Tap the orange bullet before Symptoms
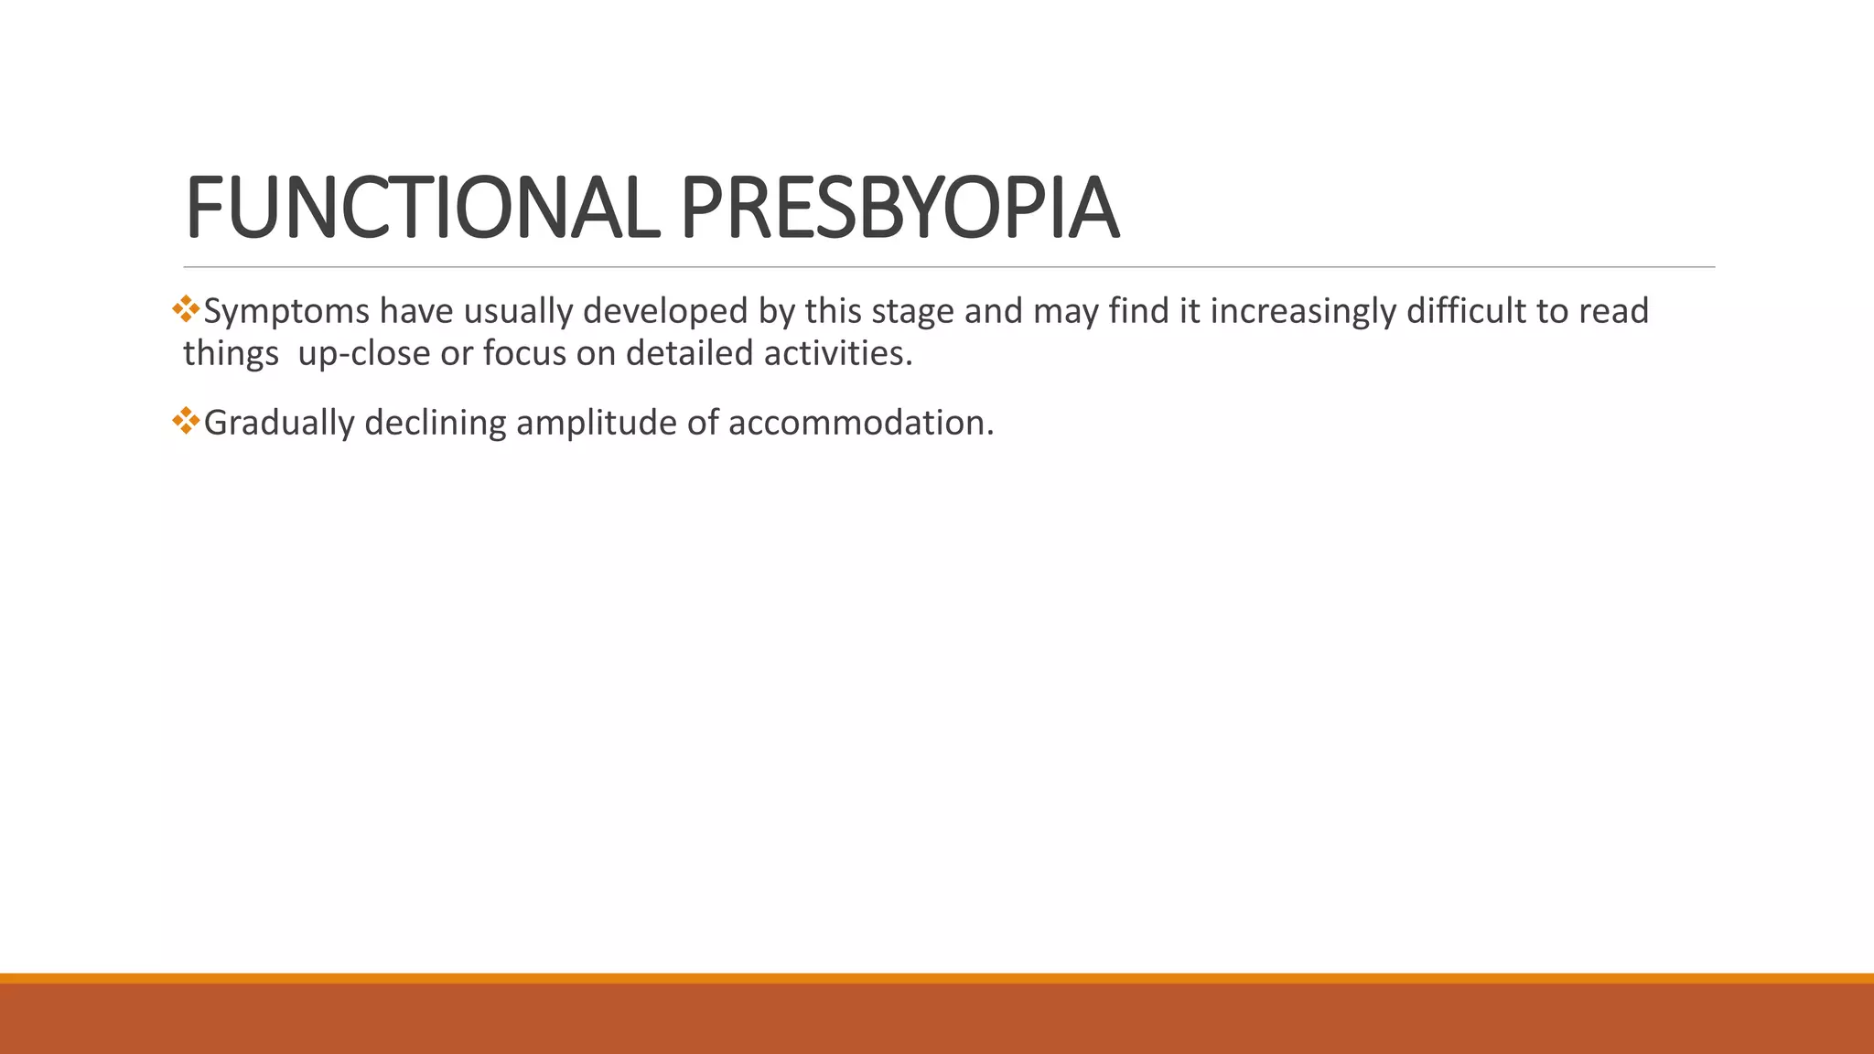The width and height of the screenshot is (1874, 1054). click(x=186, y=308)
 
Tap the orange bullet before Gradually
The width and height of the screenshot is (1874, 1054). click(x=186, y=420)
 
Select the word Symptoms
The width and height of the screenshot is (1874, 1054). click(x=286, y=312)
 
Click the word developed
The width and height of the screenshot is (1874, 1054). click(x=665, y=312)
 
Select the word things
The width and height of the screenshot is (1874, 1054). click(x=231, y=354)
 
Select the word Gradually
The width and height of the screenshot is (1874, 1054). click(x=278, y=424)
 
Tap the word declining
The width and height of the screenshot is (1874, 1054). click(x=435, y=424)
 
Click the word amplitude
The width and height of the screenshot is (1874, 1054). click(x=596, y=424)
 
